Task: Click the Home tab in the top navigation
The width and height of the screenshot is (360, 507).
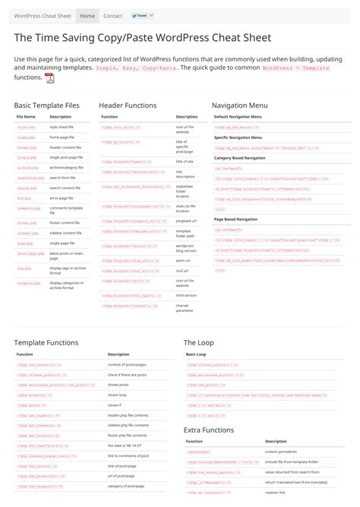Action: pos(87,15)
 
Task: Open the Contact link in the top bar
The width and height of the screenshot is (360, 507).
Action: pos(112,15)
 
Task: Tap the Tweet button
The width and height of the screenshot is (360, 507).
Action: pos(140,15)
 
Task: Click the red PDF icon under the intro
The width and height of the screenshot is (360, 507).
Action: pos(49,77)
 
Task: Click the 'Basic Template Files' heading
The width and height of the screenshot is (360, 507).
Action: pos(46,105)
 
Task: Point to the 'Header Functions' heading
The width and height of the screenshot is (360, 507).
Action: pos(128,105)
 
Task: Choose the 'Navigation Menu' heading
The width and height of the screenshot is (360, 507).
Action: pos(239,105)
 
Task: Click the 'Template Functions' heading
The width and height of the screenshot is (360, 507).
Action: pos(46,342)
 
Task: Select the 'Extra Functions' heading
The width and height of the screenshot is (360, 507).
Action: pos(209,430)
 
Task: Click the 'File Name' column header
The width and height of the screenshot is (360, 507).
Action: pos(26,117)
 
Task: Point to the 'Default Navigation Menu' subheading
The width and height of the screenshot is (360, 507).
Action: pos(238,117)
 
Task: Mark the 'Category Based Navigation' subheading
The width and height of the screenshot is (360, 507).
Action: pos(239,157)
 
